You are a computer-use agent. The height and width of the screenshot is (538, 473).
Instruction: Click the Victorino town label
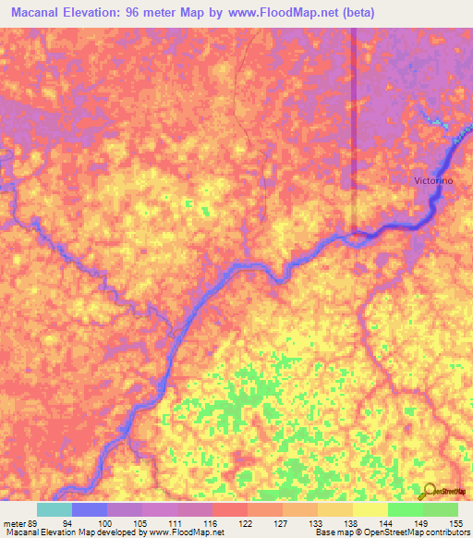432,181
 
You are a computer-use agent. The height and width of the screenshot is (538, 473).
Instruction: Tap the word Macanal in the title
40,14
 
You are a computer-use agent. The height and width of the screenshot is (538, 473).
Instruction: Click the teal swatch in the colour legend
55,509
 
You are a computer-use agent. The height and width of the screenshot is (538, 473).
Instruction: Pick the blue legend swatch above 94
90,509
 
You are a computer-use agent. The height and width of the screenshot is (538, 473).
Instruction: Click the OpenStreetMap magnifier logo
431,491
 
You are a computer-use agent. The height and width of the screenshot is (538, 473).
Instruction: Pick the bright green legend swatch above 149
406,509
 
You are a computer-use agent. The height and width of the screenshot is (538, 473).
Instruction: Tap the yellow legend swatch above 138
335,509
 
